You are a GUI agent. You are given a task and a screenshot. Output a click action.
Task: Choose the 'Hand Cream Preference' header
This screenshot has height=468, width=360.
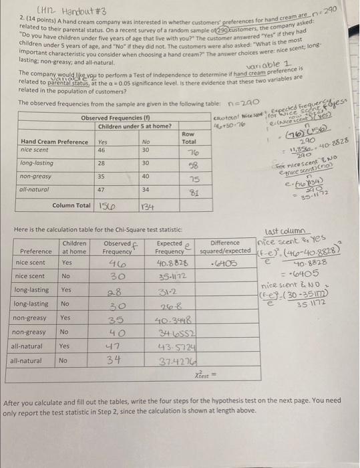click(x=54, y=142)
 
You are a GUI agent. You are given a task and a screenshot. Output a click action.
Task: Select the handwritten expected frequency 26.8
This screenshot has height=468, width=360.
click(x=164, y=306)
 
